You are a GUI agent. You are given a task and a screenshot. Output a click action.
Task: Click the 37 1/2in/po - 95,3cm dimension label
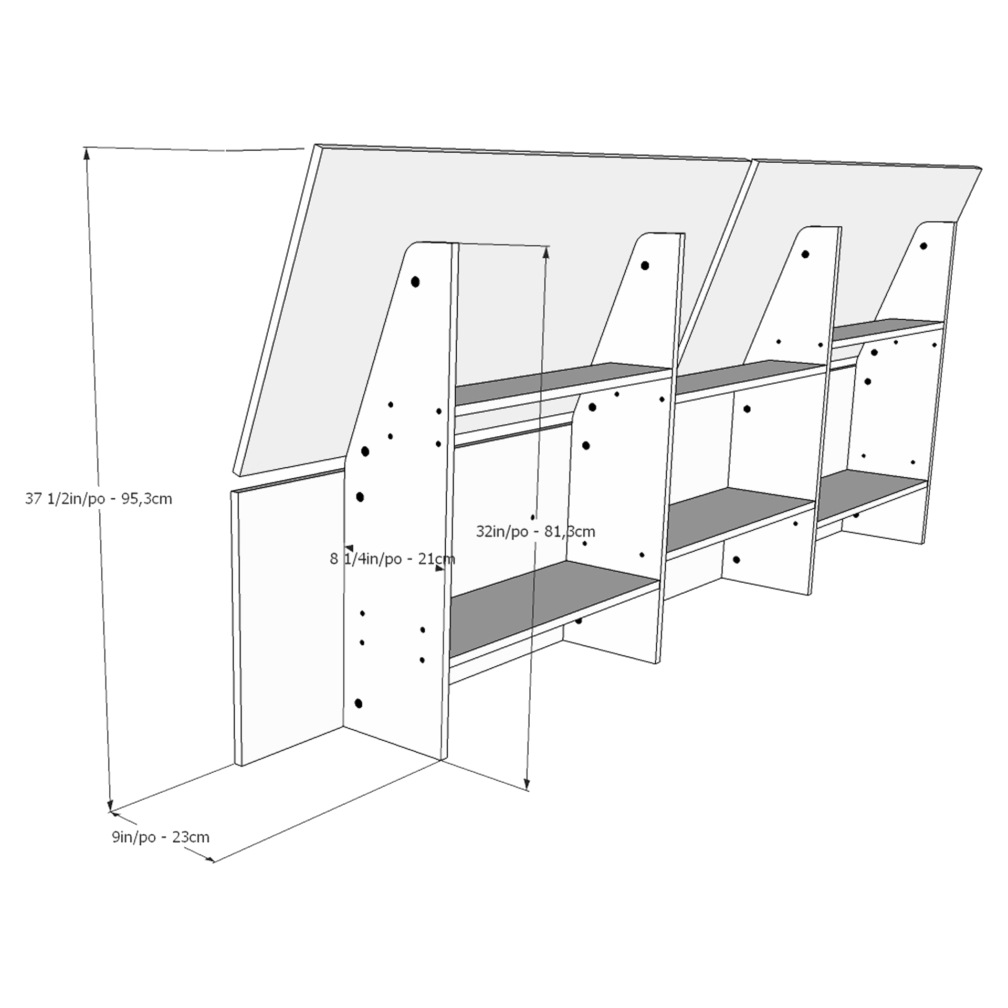[99, 499]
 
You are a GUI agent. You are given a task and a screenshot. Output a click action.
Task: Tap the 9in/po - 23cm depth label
[161, 837]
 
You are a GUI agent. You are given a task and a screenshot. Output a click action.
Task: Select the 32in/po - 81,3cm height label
[535, 532]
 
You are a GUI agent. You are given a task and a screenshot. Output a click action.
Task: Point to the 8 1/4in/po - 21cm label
[392, 559]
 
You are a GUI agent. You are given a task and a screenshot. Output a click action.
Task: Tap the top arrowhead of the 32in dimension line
[546, 253]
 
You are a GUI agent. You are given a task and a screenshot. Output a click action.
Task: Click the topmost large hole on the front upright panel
[415, 282]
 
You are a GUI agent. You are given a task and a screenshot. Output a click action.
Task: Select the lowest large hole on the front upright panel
[359, 703]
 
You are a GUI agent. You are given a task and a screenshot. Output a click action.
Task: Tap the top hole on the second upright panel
[645, 266]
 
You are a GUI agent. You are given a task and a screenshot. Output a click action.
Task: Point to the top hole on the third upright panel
[805, 255]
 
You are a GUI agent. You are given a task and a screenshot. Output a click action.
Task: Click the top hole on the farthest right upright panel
[923, 246]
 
